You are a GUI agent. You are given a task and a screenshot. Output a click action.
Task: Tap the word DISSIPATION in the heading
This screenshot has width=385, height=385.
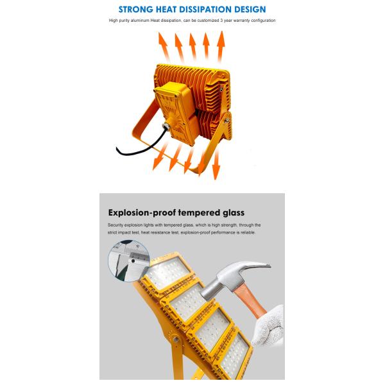pos(205,10)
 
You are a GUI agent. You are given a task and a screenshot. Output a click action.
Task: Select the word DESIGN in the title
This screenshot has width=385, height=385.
pos(250,10)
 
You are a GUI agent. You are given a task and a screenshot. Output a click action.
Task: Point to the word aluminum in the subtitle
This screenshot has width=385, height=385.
pos(140,21)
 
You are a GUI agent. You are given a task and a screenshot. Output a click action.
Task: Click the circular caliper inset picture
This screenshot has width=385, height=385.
pos(129,261)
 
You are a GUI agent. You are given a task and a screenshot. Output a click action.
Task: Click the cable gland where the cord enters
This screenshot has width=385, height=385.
pos(166,126)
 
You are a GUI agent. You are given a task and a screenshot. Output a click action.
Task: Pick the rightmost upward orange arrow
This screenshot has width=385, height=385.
pos(221,47)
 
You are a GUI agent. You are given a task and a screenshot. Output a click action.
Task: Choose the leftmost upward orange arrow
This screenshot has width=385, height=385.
pos(164,47)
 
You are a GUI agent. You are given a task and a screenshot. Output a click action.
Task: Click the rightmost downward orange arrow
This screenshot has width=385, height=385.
pos(216,164)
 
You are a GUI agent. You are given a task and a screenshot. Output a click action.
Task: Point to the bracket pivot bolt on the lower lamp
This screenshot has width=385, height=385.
pos(176,339)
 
